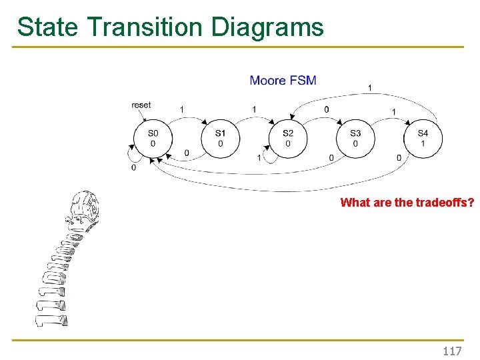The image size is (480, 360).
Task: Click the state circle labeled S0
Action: tap(153, 138)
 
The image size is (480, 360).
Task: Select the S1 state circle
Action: tap(221, 138)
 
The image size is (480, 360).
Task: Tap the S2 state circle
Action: tap(288, 138)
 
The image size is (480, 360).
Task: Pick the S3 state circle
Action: tap(355, 138)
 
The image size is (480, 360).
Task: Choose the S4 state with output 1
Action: tap(423, 138)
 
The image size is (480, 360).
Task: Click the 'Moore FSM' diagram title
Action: tap(283, 81)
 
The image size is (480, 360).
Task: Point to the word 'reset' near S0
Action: tap(141, 105)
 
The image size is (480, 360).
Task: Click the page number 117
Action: tap(452, 351)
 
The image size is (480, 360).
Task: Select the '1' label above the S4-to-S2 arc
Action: tap(370, 87)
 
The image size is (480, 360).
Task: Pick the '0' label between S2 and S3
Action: tap(326, 109)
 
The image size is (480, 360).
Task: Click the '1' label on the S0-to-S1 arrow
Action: tap(182, 109)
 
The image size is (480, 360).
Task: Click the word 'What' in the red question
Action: tap(353, 203)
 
